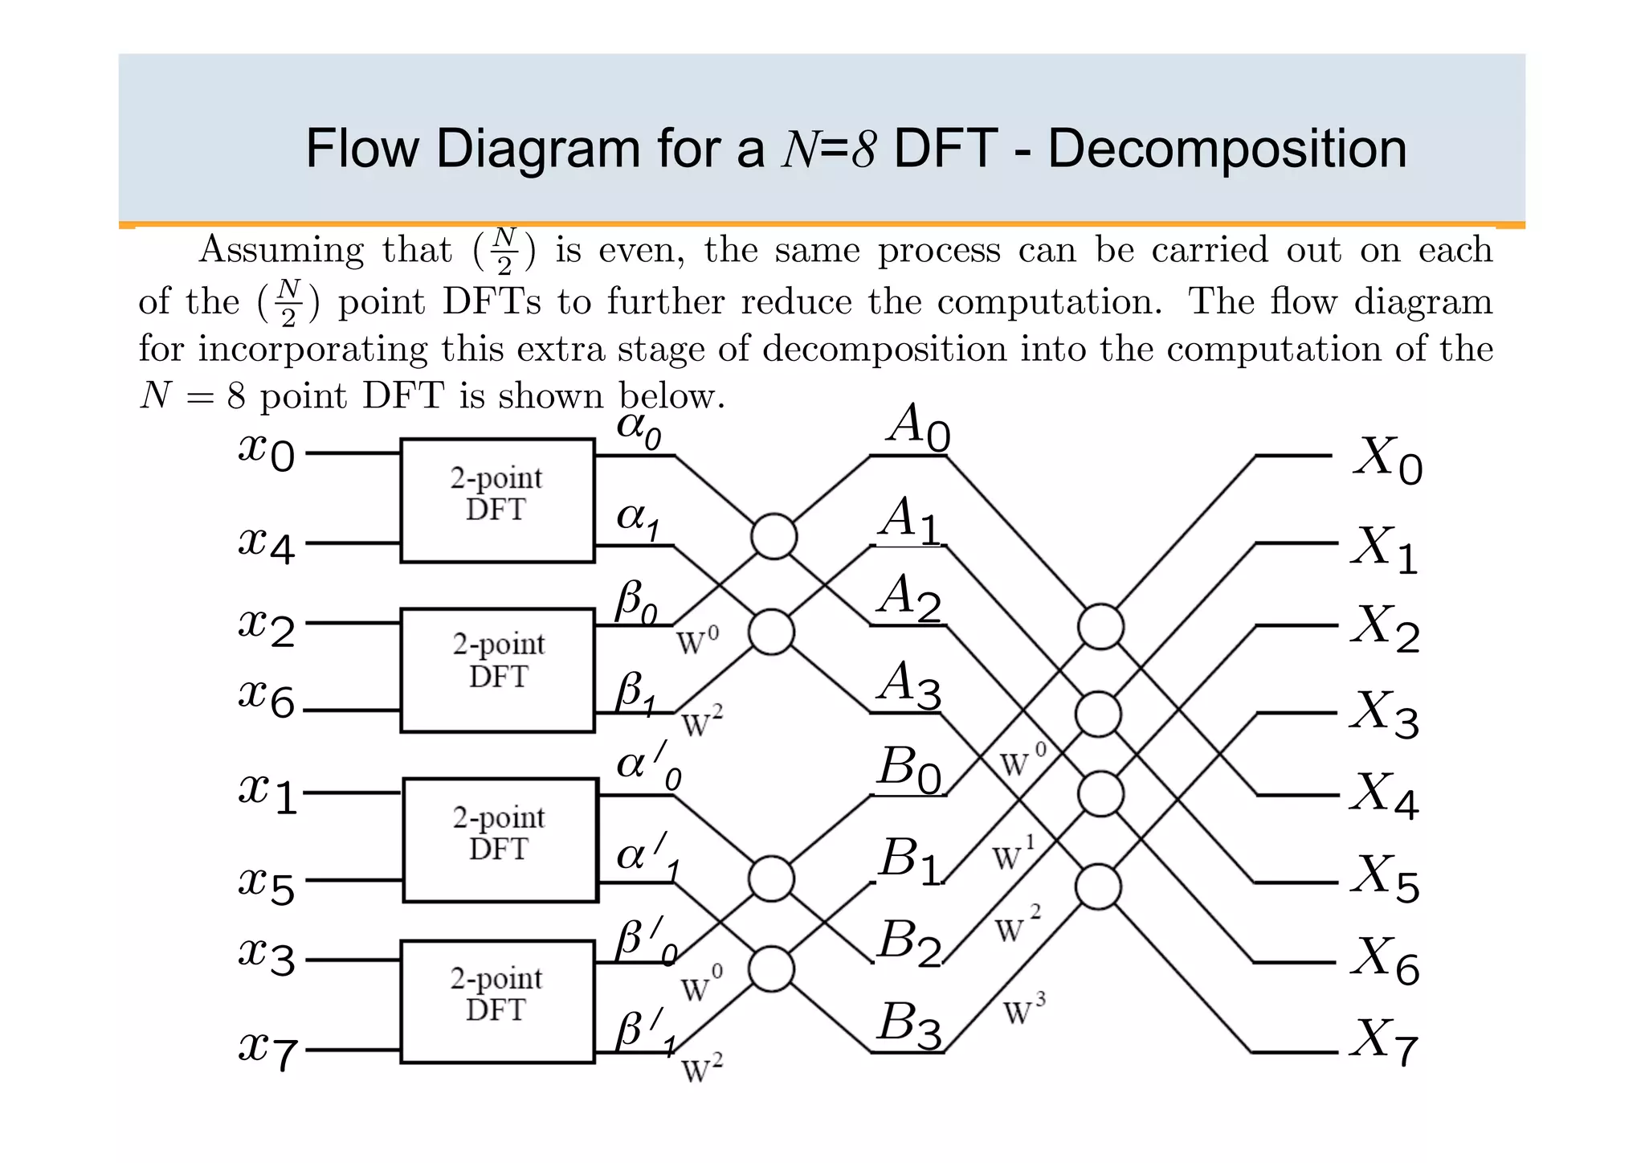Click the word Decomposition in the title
[x=1227, y=149]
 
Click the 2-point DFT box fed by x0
[x=497, y=500]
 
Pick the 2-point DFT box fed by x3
[x=497, y=1001]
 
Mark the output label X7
[x=1385, y=1042]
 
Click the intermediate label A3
[x=908, y=686]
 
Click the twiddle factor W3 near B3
[x=1025, y=1010]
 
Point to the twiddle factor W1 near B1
[x=1014, y=854]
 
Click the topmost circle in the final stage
[x=1100, y=627]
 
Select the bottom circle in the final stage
[x=1098, y=887]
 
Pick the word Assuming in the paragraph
[x=281, y=250]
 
